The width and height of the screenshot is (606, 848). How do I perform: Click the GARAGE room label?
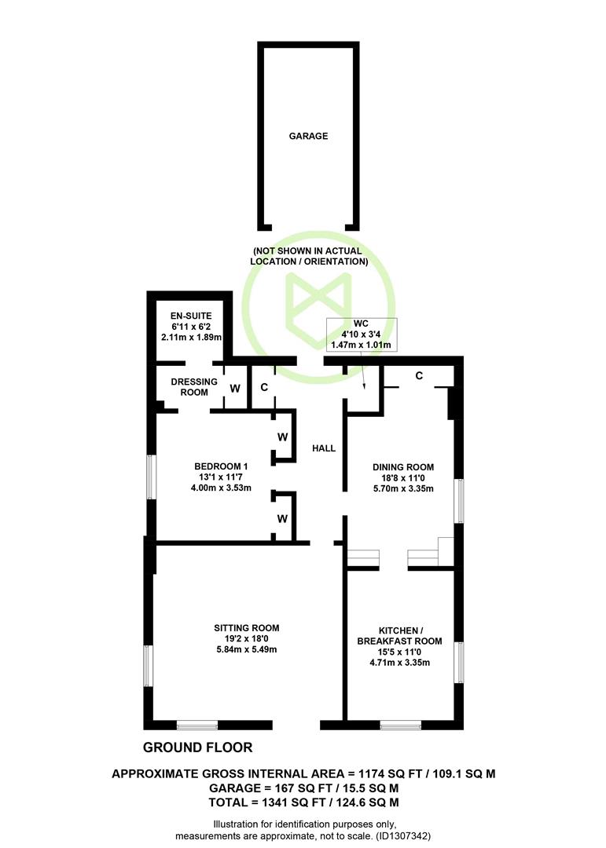[x=308, y=136]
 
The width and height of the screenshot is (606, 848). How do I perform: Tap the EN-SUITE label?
[x=191, y=316]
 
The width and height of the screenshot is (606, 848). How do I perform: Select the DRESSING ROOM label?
[x=194, y=386]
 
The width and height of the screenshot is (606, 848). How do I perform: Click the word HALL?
[x=324, y=448]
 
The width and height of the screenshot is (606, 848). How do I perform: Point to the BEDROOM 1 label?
[x=221, y=466]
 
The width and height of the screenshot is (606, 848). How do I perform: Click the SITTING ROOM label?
[x=246, y=628]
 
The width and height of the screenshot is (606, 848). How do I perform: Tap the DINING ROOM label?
[x=403, y=466]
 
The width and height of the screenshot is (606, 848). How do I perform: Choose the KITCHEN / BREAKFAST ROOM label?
[x=399, y=635]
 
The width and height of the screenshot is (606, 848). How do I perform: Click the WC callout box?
[x=362, y=334]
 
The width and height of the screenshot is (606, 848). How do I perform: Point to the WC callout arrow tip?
[x=364, y=389]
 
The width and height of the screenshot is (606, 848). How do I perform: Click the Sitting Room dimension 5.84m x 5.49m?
[x=246, y=649]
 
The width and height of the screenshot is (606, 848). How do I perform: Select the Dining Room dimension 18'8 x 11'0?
[x=403, y=477]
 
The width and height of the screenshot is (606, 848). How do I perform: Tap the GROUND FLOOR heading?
[x=197, y=747]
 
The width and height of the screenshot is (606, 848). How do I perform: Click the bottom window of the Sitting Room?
[x=197, y=725]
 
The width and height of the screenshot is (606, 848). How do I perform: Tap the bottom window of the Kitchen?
[x=401, y=725]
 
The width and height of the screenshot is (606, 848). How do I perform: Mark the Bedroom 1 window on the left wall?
[x=152, y=477]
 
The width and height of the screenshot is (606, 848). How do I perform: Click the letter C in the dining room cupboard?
[x=419, y=375]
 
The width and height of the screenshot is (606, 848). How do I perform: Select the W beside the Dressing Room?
[x=235, y=389]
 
